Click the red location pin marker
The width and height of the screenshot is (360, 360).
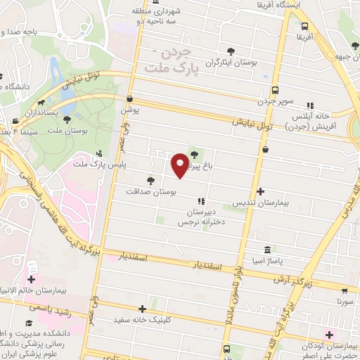(180, 165)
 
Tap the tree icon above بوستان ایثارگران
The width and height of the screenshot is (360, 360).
(231, 51)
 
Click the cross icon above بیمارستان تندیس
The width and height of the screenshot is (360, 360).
(262, 191)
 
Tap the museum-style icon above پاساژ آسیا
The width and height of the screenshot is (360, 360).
(267, 250)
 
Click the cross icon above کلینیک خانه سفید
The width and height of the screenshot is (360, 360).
(143, 309)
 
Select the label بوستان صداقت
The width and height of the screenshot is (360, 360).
(151, 191)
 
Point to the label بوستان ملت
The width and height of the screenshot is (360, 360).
(79, 131)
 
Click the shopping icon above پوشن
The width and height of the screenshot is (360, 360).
(130, 100)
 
